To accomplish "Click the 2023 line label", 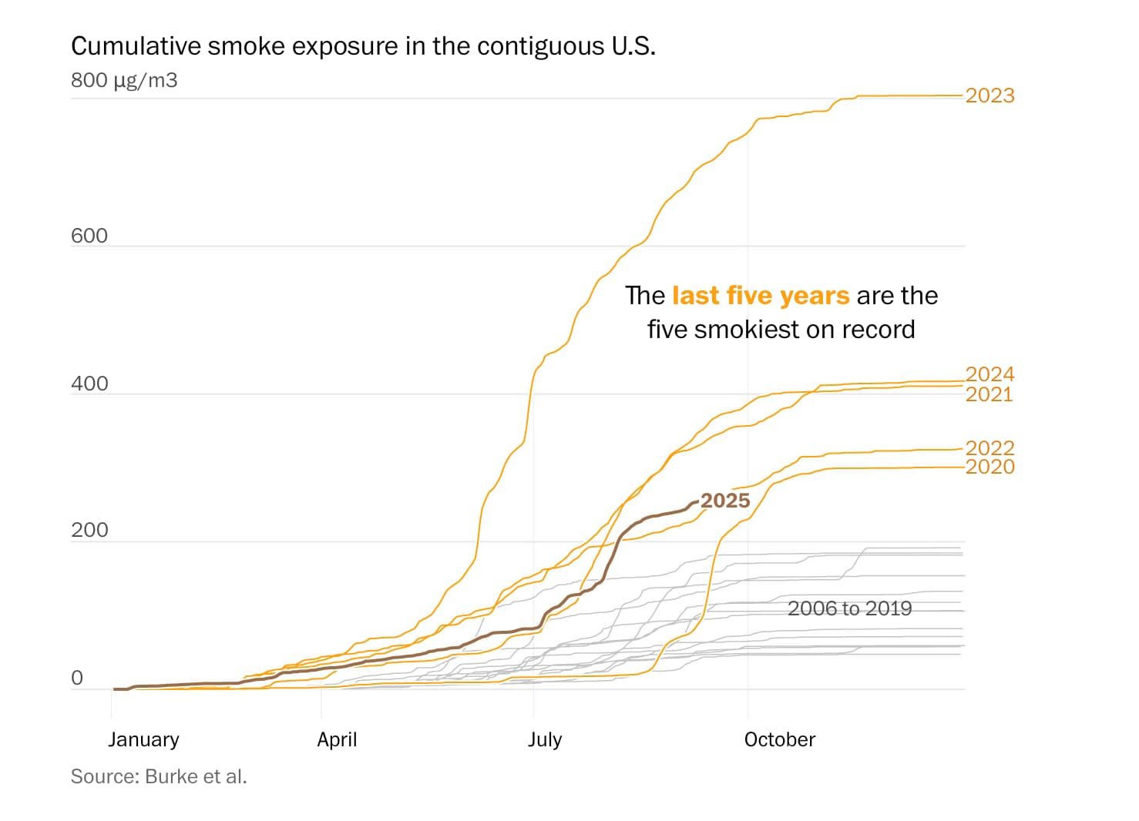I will coord(989,96).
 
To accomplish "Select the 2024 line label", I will coord(989,374).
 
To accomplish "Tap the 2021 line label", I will coord(989,394).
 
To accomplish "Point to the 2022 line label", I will coord(989,447).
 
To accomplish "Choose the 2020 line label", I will coord(989,467).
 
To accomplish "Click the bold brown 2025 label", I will coord(725,501).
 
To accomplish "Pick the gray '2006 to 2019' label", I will coord(849,608).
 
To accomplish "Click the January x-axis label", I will coord(143,739).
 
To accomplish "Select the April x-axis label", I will coord(337,739).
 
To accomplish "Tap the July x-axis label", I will coord(544,739).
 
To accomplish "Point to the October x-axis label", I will coord(779,739).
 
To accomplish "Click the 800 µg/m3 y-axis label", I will coord(124,80).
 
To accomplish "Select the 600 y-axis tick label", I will coord(89,236).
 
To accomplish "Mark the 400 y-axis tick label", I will coord(89,384).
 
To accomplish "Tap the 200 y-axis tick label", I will coord(89,530).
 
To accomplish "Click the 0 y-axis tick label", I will coord(77,678).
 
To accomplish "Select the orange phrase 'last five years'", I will coord(761,296).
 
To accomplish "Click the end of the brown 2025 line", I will coord(697,502).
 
